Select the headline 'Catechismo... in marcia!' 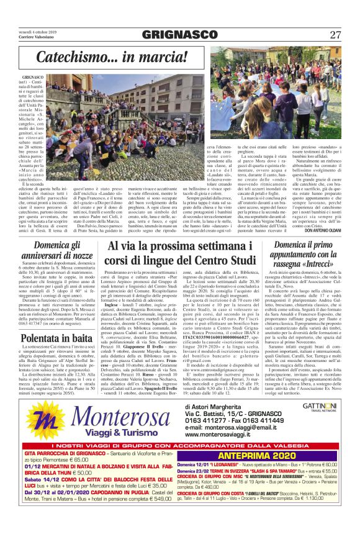(112, 57)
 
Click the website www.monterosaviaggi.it (230, 443)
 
